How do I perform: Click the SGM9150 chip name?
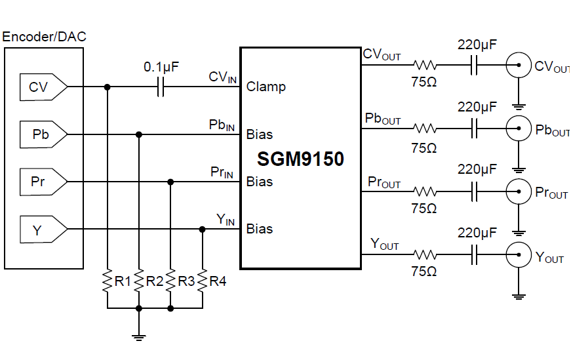(x=300, y=159)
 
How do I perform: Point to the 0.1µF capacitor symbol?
(x=159, y=87)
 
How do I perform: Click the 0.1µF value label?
(x=161, y=67)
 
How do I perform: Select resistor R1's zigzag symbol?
(x=107, y=281)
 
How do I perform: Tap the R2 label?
(x=155, y=281)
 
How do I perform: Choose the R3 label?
(x=186, y=281)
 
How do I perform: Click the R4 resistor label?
(x=218, y=281)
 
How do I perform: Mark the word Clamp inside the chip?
(x=266, y=87)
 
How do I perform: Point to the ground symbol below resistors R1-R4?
(x=138, y=337)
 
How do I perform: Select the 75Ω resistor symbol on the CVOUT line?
(x=424, y=65)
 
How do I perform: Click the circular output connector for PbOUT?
(x=518, y=129)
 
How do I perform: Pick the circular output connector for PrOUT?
(x=518, y=191)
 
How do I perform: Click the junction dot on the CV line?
(x=107, y=87)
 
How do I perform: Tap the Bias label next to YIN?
(x=260, y=229)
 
